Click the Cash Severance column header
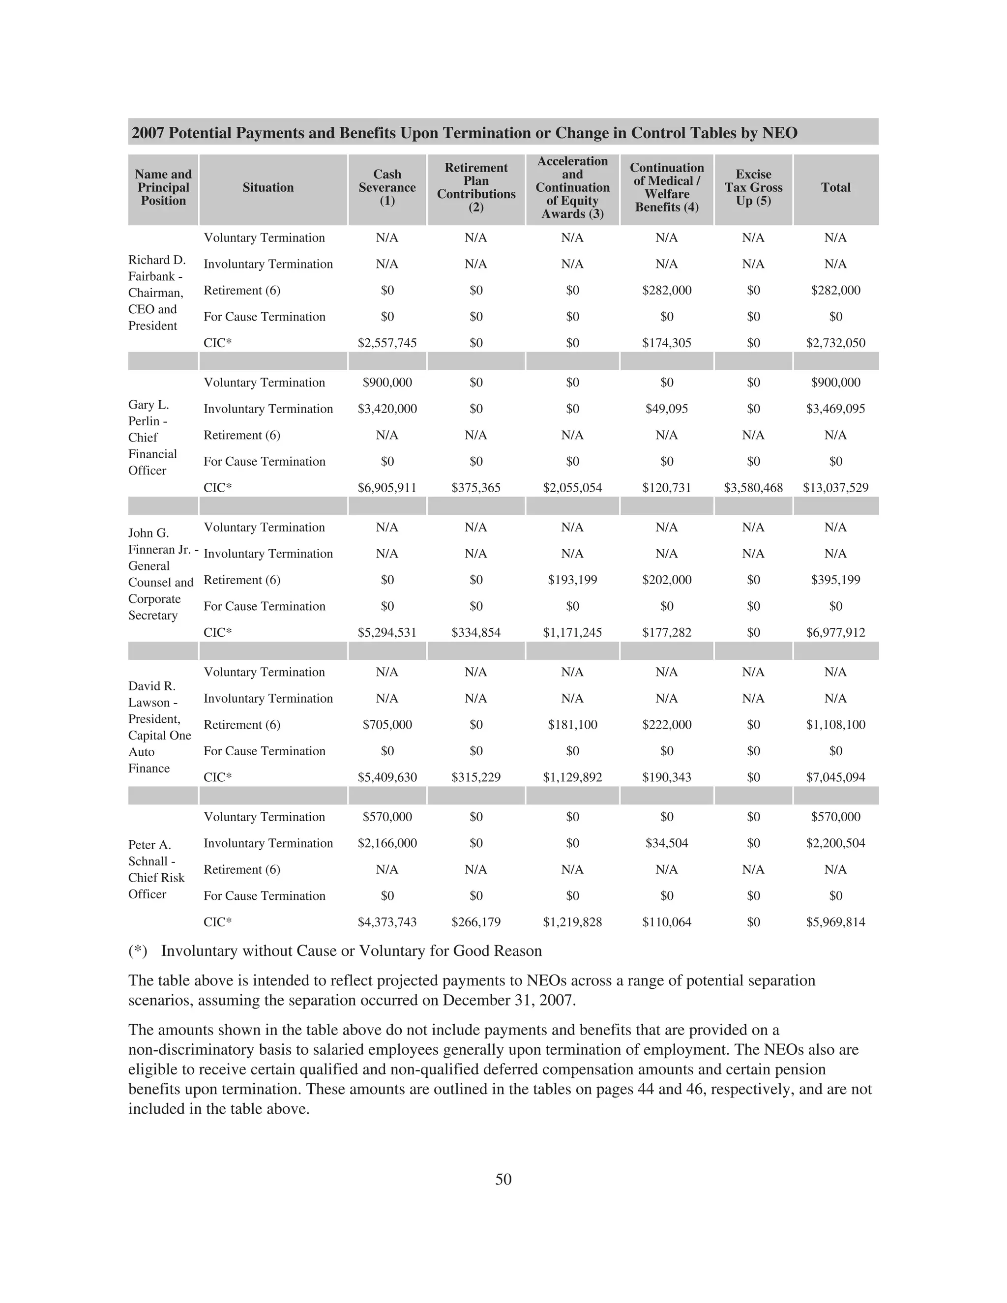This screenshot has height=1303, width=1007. pyautogui.click(x=387, y=187)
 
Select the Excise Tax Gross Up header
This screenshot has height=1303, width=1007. pyautogui.click(x=753, y=187)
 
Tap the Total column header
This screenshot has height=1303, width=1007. pyautogui.click(x=835, y=187)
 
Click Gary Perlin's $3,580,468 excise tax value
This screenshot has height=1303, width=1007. pyautogui.click(x=753, y=487)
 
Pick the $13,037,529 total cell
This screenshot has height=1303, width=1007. pyautogui.click(x=835, y=487)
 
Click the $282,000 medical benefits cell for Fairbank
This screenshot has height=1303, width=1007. pyautogui.click(x=667, y=290)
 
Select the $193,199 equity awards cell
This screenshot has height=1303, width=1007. pyautogui.click(x=572, y=579)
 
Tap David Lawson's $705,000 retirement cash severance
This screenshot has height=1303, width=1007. pyautogui.click(x=387, y=724)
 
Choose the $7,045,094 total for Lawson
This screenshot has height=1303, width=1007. pyautogui.click(x=835, y=777)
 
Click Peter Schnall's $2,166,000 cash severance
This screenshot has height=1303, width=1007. pyautogui.click(x=387, y=843)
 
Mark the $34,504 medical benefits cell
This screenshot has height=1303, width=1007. pyautogui.click(x=667, y=843)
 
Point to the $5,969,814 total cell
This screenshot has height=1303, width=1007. pyautogui.click(x=835, y=922)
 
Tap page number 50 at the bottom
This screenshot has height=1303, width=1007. pyautogui.click(x=503, y=1179)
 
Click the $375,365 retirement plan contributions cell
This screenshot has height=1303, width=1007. pyautogui.click(x=475, y=487)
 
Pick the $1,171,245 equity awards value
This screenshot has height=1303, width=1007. pyautogui.click(x=572, y=632)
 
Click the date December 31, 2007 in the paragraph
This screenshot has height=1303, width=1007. pyautogui.click(x=509, y=1000)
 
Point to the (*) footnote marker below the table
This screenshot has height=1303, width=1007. pyautogui.click(x=138, y=951)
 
